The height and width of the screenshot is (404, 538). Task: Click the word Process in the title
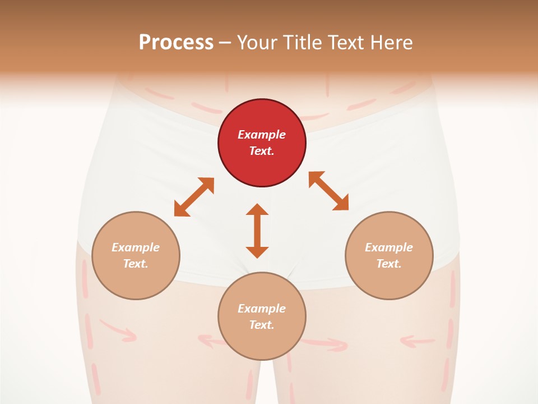[x=176, y=43]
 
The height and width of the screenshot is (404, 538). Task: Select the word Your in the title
[x=258, y=43]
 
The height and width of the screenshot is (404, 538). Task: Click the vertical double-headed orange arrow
[x=257, y=231]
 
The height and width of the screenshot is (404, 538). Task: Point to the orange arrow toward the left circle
[x=194, y=197]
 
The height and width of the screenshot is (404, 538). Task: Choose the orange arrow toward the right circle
[x=328, y=191]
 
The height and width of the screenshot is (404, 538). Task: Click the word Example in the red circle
[x=262, y=135]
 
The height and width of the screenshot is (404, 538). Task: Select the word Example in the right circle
[x=389, y=247]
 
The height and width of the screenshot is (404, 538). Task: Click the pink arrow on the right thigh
[x=418, y=340]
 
